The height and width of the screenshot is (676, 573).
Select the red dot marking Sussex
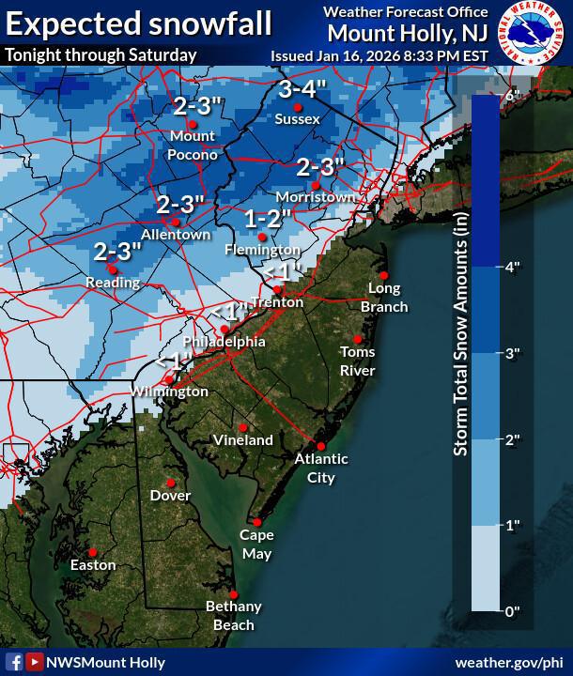tap(298, 107)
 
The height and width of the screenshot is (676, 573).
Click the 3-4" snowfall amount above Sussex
tap(301, 91)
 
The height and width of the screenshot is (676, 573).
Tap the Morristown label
tap(316, 197)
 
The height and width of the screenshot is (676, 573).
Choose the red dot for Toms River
tap(358, 339)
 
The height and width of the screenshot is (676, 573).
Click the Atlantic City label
tap(321, 468)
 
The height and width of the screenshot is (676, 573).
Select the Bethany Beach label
tap(233, 616)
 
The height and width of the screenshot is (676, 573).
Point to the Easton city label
tap(93, 565)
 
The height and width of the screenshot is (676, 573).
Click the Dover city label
tap(170, 495)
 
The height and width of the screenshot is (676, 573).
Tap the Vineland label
tap(242, 439)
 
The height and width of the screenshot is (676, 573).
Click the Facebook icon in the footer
tap(15, 662)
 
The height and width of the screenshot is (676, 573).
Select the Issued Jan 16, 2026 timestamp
tap(379, 54)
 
